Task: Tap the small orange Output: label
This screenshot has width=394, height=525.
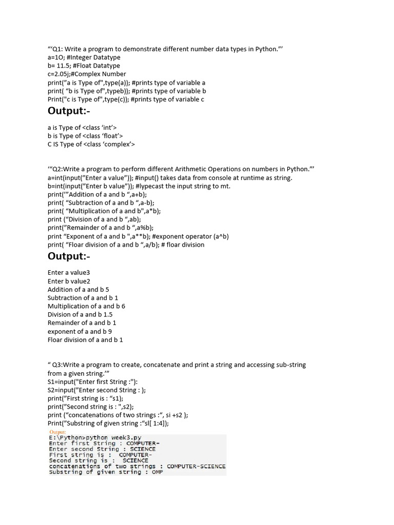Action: pos(58,432)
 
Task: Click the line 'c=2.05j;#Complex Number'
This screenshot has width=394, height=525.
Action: pos(87,74)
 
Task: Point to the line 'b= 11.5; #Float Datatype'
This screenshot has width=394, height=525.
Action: pos(84,66)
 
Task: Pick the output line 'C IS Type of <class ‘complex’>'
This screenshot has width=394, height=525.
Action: pos(91,144)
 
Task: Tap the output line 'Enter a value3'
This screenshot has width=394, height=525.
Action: pos(69,273)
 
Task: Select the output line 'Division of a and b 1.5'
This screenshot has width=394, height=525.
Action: pos(80,314)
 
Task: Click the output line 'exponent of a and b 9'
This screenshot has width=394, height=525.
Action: pos(80,331)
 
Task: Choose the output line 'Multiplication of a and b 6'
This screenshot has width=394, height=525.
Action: pos(86,306)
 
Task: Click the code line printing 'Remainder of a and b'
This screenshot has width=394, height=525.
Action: pos(101,227)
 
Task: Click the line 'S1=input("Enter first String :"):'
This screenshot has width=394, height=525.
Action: pos(93,381)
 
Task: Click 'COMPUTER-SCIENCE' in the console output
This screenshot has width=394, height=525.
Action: pos(196,467)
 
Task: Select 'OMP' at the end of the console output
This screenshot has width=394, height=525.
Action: pos(157,472)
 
